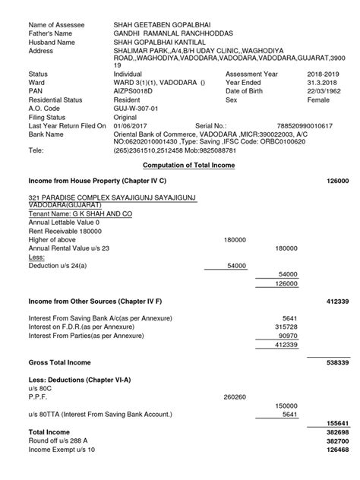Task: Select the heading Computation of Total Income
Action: pos(189,165)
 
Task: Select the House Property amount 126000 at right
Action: pos(336,182)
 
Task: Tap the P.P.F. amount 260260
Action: pos(235,396)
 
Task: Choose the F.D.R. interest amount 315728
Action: pos(286,326)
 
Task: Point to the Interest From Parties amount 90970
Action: pos(288,334)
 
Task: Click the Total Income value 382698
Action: pos(336,431)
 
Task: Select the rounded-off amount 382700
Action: pos(336,440)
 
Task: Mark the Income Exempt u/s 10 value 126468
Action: pos(336,449)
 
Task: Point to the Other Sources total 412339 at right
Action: pos(336,302)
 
